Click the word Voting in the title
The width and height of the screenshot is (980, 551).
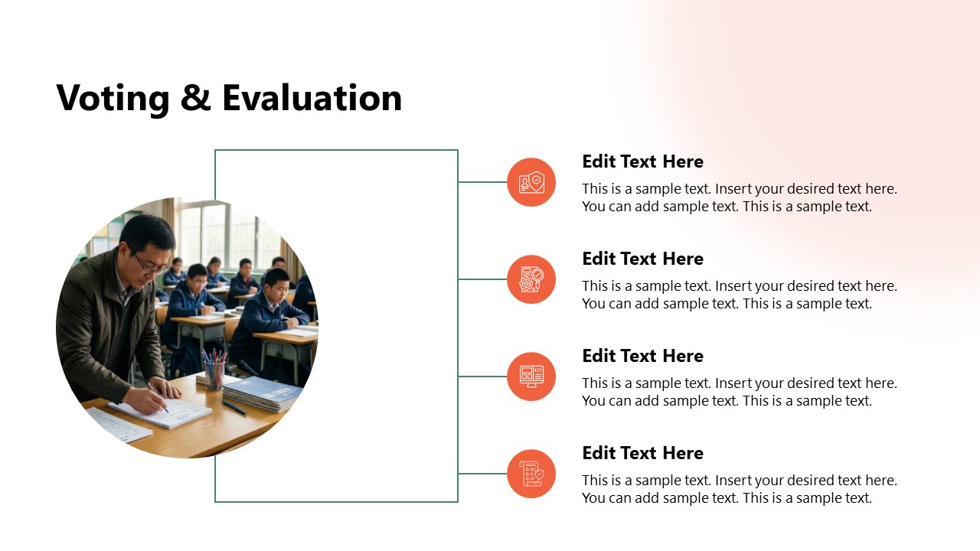[113, 99]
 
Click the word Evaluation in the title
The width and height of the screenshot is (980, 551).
[312, 99]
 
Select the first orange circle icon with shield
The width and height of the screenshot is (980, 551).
[531, 182]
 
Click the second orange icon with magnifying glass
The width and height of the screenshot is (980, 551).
[531, 279]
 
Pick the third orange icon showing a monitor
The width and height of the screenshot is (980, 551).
[531, 377]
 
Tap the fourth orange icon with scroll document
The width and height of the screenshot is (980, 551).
[531, 474]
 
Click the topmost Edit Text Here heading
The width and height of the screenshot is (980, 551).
[642, 161]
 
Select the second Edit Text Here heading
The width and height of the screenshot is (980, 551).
[642, 259]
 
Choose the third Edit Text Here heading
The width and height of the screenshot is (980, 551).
[642, 356]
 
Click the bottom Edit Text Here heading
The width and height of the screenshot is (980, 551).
[642, 453]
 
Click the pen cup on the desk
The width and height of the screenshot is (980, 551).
[214, 373]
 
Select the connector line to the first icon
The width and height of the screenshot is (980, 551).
[482, 182]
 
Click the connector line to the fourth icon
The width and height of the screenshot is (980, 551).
[482, 474]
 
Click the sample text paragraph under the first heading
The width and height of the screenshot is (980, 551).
[739, 197]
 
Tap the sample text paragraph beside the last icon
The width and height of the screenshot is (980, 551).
[739, 489]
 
